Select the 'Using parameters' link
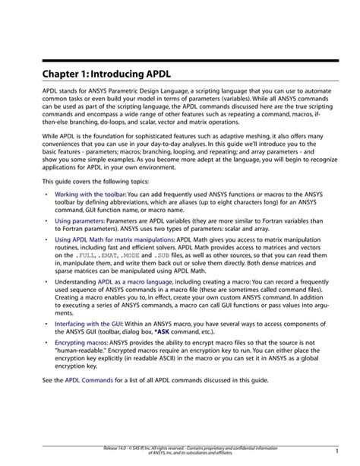tap(79, 221)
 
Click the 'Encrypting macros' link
tap(81, 343)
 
